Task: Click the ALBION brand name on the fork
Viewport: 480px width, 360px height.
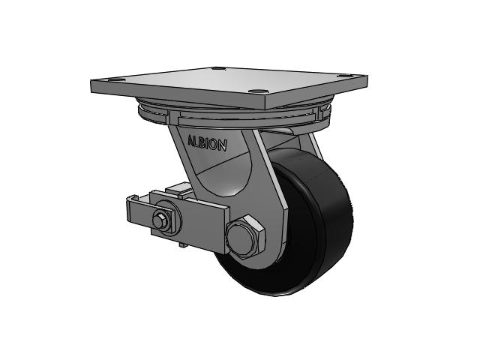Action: [207, 142]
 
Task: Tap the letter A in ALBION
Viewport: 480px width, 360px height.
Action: [190, 140]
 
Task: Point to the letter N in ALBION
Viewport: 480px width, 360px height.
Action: [223, 145]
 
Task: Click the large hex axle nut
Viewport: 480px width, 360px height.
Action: [245, 235]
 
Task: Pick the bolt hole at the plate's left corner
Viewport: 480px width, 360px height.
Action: [115, 80]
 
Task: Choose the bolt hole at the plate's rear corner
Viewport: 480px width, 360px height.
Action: [218, 68]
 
